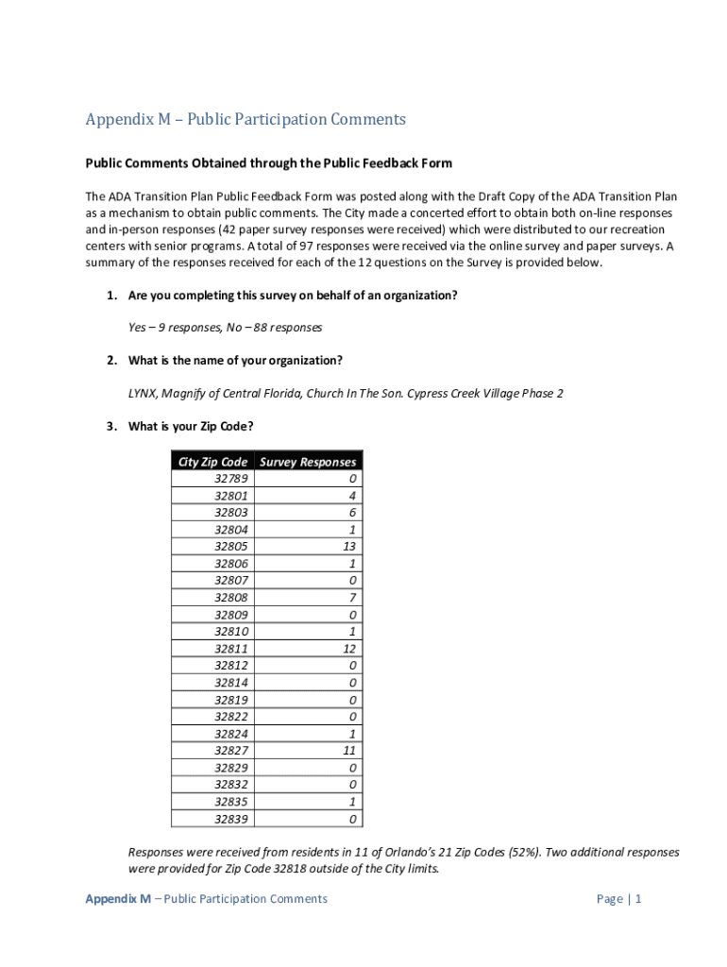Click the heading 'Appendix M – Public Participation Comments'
tap(245, 120)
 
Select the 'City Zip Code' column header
tap(213, 462)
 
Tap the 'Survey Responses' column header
tap(308, 462)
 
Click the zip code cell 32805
tap(231, 547)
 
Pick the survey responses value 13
tap(349, 547)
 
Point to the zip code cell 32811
tap(231, 649)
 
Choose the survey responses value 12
tap(349, 649)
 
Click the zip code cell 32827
tap(231, 751)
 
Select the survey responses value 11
tap(349, 751)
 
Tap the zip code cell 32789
tap(231, 479)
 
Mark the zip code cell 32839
tap(231, 819)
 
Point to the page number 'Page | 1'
tap(618, 899)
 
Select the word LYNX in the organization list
tap(144, 393)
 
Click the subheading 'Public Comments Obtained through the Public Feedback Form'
tap(269, 163)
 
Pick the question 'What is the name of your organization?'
tap(235, 361)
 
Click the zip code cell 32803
tap(231, 513)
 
